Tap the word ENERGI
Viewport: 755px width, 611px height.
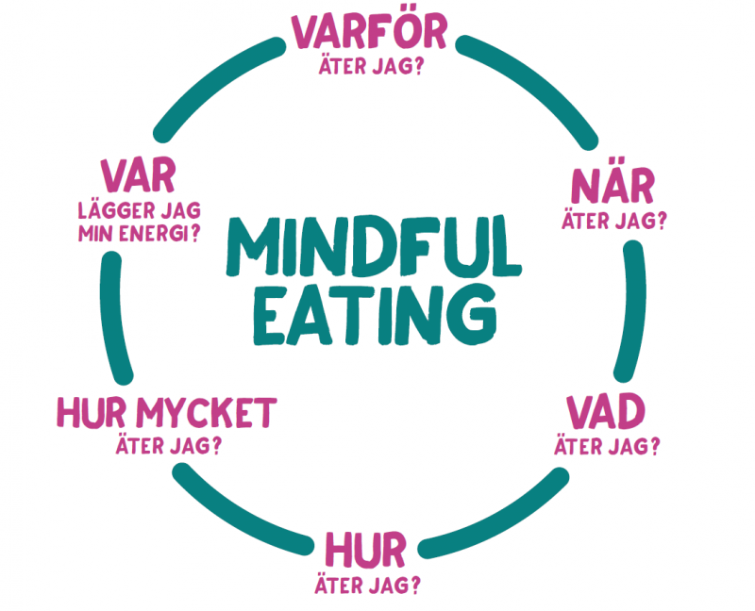point(156,232)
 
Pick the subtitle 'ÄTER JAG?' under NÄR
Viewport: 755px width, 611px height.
point(613,222)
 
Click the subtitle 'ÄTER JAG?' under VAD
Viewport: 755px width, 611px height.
point(607,446)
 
